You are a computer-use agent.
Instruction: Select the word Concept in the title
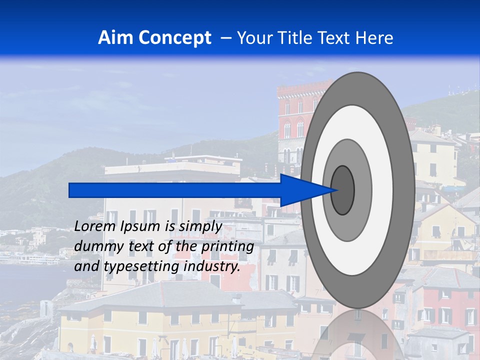point(174,38)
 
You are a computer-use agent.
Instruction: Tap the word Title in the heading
point(294,38)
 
